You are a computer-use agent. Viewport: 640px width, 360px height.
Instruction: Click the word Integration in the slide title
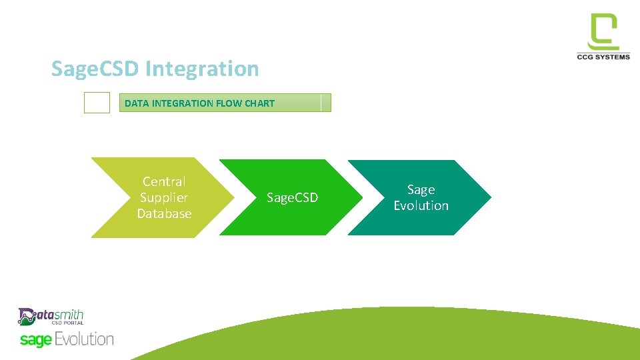click(x=201, y=69)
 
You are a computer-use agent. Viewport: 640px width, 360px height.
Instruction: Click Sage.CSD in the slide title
click(x=96, y=69)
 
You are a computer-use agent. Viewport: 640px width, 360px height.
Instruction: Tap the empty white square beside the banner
click(x=97, y=103)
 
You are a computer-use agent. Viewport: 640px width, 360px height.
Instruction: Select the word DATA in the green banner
click(x=137, y=103)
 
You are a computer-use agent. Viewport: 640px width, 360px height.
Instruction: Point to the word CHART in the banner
click(x=259, y=103)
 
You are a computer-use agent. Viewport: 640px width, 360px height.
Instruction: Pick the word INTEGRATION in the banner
click(x=182, y=103)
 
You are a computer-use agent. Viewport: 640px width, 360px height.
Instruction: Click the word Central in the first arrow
click(x=164, y=181)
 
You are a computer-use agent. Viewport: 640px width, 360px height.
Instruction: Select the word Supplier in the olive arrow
click(x=164, y=197)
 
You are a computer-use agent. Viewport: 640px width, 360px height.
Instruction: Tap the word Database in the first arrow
click(x=164, y=213)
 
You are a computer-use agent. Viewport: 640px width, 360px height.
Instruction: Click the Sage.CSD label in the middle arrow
click(x=292, y=197)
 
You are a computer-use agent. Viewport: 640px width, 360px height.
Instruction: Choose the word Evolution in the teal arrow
click(x=421, y=205)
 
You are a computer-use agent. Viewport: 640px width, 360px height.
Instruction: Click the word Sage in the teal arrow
click(x=421, y=189)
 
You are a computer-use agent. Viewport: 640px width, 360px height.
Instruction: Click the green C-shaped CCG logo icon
click(x=603, y=32)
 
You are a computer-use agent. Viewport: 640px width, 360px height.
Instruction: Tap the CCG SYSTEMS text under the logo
click(x=603, y=57)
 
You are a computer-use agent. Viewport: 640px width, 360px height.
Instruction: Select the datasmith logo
click(x=51, y=316)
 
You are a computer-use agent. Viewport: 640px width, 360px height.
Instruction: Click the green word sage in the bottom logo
click(x=35, y=340)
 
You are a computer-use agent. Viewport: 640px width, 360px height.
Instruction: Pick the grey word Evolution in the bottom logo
click(x=84, y=339)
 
